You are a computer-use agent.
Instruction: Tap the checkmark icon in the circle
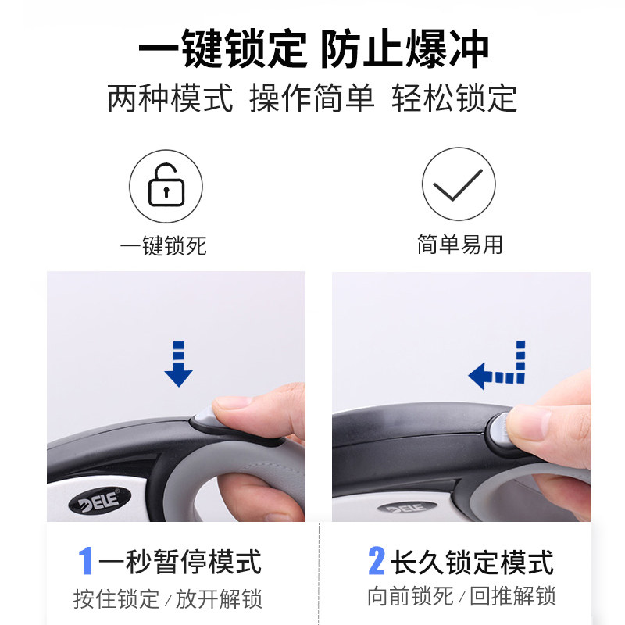point(459,186)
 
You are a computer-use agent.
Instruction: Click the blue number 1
point(86,561)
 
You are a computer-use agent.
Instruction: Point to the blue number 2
point(377,561)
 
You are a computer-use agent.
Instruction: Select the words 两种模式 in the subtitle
point(170,99)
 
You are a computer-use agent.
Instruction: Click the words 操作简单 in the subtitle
point(312,99)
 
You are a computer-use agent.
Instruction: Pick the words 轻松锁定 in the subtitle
point(455,99)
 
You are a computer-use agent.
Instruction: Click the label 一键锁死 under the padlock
point(163,246)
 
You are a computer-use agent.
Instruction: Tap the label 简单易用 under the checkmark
point(459,245)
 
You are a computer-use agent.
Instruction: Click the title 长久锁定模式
point(472,562)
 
